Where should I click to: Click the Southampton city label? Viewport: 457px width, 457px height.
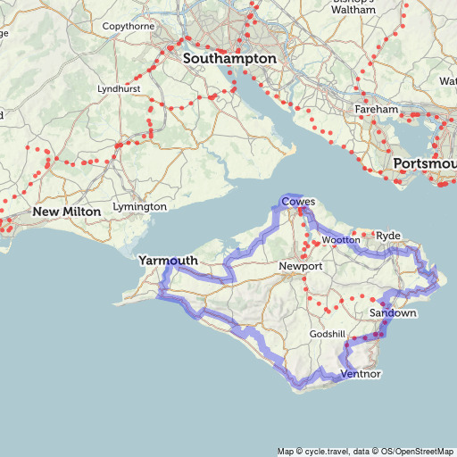[x=229, y=58]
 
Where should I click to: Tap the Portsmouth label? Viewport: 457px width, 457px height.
[x=424, y=165]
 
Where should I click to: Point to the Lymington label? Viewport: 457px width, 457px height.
[x=140, y=207]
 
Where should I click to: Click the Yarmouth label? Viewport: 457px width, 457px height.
[x=168, y=261]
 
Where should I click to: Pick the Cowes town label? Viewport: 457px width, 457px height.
[x=298, y=203]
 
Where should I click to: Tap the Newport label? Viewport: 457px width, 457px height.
[x=300, y=267]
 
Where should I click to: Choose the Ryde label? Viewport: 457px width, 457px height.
[x=390, y=235]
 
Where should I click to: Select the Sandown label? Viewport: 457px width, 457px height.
[x=393, y=314]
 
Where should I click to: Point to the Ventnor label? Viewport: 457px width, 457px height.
[x=361, y=374]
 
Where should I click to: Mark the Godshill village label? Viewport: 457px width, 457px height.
[x=327, y=333]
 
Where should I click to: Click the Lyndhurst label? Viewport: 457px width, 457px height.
[x=120, y=90]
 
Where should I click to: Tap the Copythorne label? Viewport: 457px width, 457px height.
[x=129, y=27]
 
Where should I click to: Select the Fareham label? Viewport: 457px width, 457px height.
[x=377, y=109]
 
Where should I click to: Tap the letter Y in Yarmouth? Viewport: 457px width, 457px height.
[x=143, y=261]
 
